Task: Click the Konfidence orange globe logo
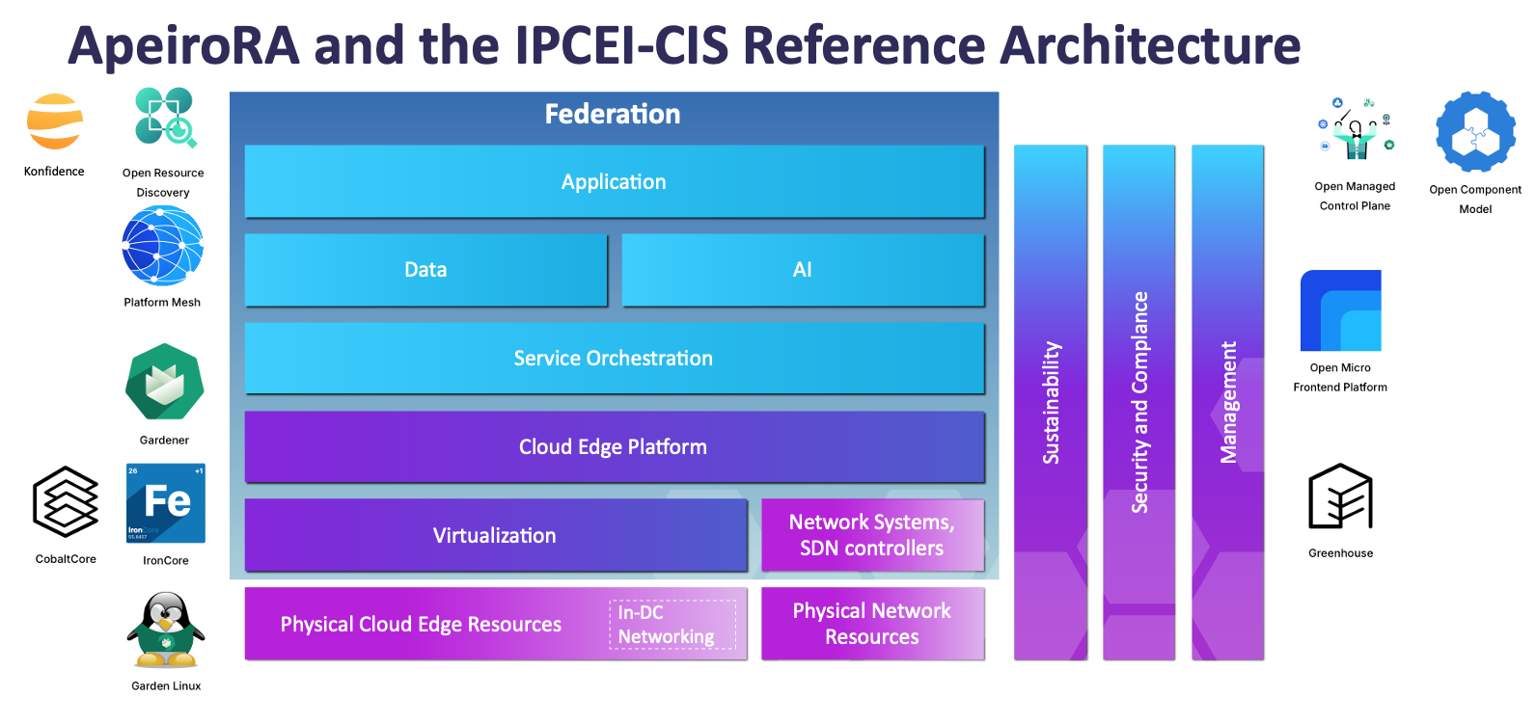click(54, 122)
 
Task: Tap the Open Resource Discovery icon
click(165, 118)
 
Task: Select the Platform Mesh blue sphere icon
click(162, 247)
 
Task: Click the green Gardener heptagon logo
click(164, 382)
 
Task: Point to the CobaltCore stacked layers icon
click(66, 501)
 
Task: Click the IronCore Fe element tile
click(166, 503)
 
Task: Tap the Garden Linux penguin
click(166, 630)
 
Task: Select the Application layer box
click(614, 181)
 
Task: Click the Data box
click(425, 270)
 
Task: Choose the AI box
click(803, 270)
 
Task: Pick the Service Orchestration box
click(614, 359)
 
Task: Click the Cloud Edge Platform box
click(614, 447)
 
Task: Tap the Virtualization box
click(495, 536)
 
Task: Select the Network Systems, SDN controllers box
click(872, 535)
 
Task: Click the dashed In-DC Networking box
click(672, 625)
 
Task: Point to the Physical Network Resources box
click(872, 624)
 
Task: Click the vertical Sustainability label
click(1051, 403)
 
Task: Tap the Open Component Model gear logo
click(1475, 133)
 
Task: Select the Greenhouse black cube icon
click(1340, 497)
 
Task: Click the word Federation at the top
click(613, 114)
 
